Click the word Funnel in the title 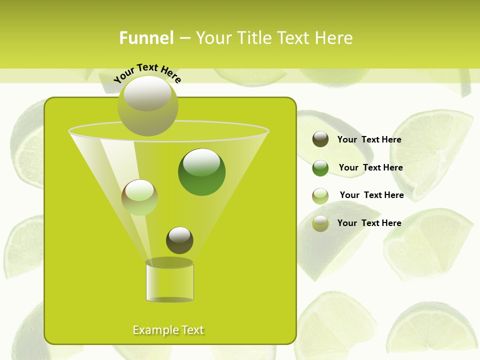point(146,38)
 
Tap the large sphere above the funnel point(147,105)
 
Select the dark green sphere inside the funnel point(201,172)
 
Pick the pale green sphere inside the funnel point(139,197)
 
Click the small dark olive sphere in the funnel point(179,240)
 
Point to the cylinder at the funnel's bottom point(169,282)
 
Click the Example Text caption point(168,330)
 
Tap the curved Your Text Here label point(147,72)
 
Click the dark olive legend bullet point(320,139)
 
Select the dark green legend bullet point(320,168)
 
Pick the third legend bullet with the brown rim point(320,196)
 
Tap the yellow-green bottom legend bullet point(320,223)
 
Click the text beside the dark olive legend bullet point(369,140)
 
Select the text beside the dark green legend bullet point(370,168)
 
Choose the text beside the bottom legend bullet point(369,223)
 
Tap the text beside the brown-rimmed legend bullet point(371,195)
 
